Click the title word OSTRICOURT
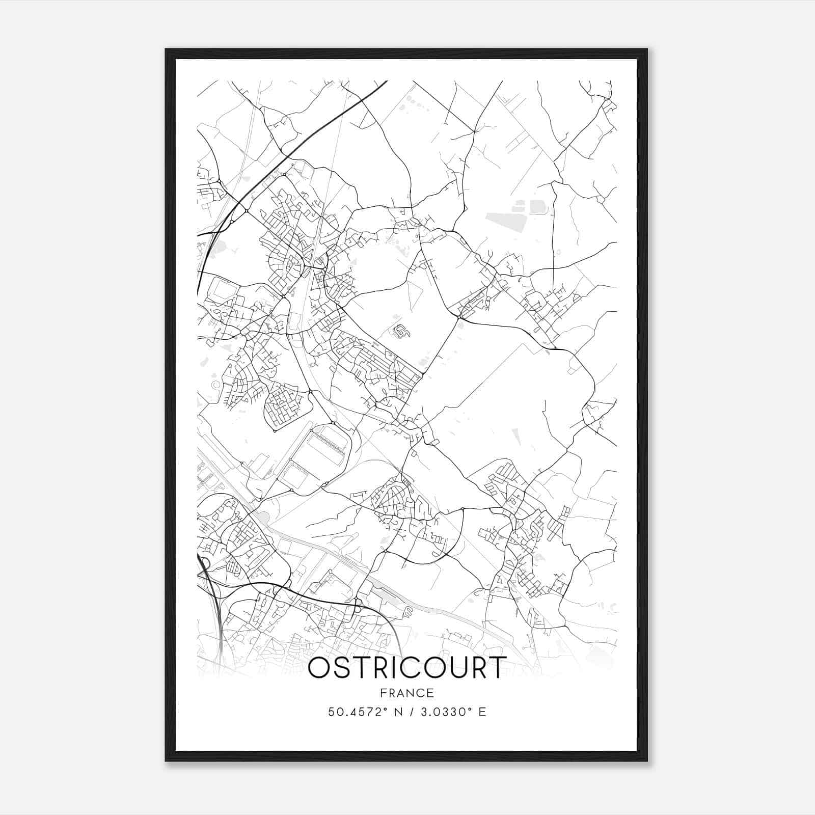point(407,668)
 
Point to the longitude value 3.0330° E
point(451,712)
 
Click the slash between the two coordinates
point(409,712)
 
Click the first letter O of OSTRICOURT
point(319,668)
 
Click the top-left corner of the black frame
point(166,49)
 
